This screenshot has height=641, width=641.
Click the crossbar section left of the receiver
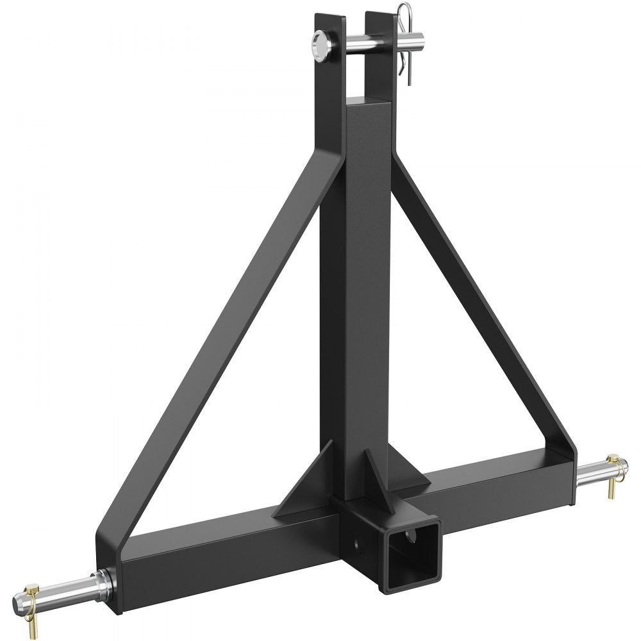(x=212, y=545)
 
